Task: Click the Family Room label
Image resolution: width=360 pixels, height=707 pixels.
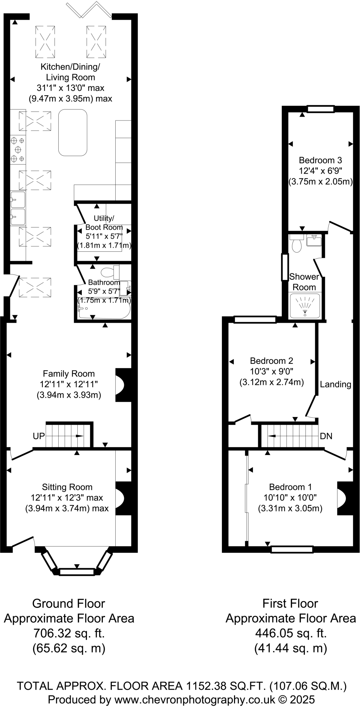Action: [x=69, y=374]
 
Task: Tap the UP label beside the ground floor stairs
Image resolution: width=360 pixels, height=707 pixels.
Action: [x=39, y=436]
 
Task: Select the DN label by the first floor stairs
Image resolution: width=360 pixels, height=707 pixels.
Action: [x=326, y=436]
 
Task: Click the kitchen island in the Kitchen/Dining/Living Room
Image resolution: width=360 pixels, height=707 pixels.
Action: [x=72, y=133]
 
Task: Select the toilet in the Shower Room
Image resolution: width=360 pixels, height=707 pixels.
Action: [x=296, y=244]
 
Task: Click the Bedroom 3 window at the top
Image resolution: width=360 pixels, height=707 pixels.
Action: [x=321, y=109]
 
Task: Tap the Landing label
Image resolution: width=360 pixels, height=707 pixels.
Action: [x=335, y=384]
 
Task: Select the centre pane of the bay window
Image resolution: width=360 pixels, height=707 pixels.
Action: [x=77, y=572]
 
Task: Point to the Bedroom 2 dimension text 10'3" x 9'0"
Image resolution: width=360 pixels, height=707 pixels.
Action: [x=271, y=371]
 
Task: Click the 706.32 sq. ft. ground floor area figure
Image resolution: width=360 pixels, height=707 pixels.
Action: [x=69, y=633]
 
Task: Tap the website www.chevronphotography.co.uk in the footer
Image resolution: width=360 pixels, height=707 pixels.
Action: [x=194, y=700]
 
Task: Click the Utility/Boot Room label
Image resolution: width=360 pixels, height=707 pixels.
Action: [x=104, y=223]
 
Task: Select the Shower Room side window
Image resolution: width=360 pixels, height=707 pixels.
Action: [x=285, y=267]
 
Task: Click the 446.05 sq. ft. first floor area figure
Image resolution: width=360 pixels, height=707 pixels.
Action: [x=290, y=633]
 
